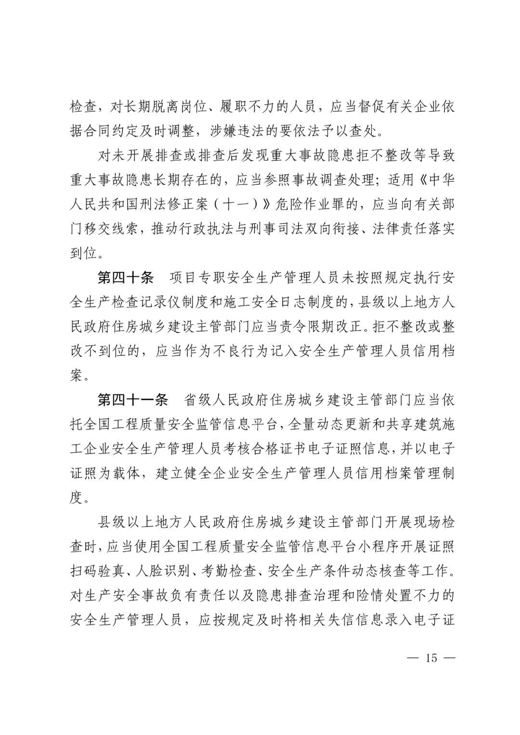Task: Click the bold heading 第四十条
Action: point(125,278)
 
